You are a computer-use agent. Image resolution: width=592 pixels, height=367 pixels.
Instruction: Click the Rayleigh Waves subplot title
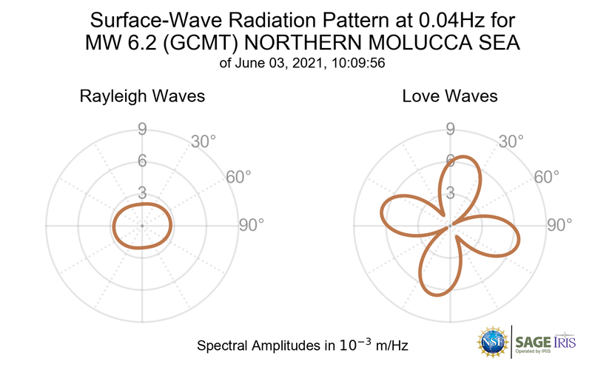pyautogui.click(x=142, y=96)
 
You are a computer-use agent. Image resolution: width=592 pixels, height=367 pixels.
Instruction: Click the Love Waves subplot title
pyautogui.click(x=450, y=96)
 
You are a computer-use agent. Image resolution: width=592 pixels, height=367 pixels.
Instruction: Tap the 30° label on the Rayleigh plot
pyautogui.click(x=204, y=141)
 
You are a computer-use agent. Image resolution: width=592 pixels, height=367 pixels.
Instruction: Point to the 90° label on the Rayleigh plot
pyautogui.click(x=251, y=225)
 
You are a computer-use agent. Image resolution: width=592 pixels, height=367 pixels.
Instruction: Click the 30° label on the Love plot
pyautogui.click(x=512, y=141)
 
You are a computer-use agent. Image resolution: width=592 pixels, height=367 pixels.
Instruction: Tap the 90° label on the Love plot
pyautogui.click(x=559, y=225)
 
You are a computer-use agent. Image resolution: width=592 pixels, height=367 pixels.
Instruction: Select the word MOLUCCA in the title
pyautogui.click(x=400, y=42)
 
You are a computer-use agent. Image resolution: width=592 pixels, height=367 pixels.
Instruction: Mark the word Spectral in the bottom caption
pyautogui.click(x=223, y=346)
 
